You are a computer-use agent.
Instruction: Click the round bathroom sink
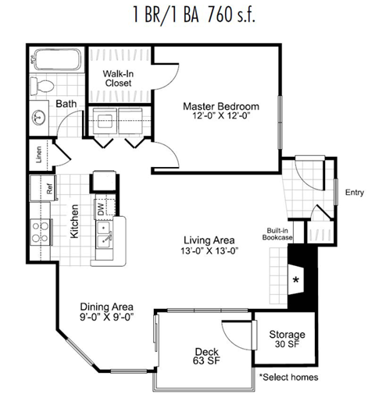(40, 118)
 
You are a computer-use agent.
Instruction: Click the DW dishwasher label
(101, 208)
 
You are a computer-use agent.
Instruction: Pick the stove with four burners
(38, 232)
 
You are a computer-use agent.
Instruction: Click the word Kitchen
(75, 223)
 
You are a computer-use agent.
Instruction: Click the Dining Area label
(107, 306)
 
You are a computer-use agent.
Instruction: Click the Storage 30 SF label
(287, 339)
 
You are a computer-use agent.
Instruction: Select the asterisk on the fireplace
(296, 278)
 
